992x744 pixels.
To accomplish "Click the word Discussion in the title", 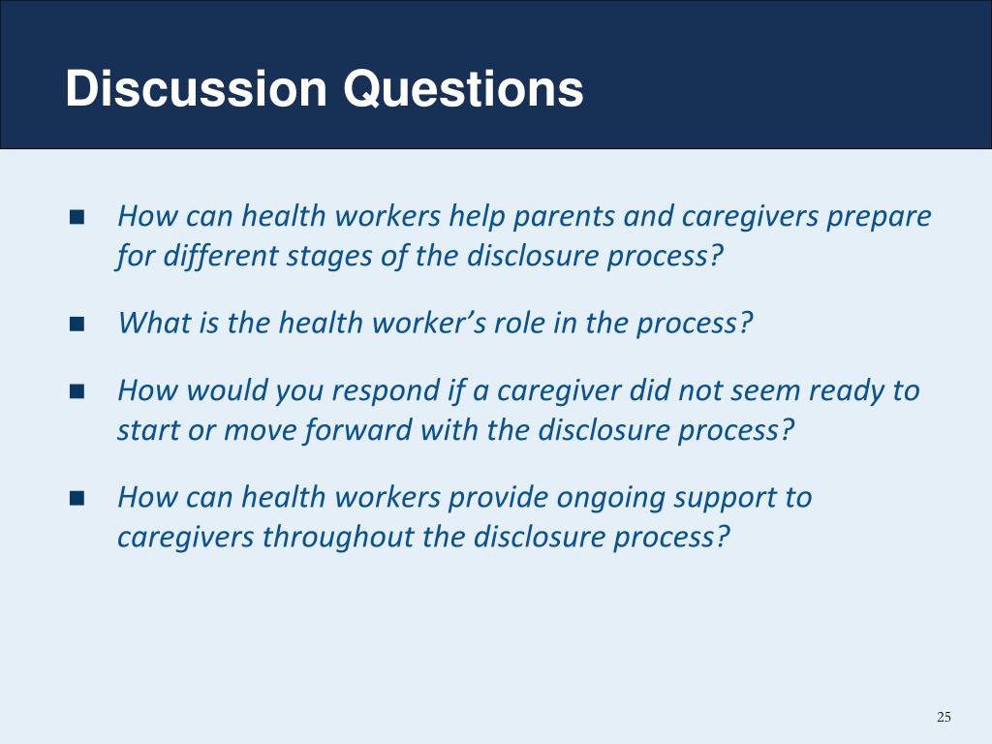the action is tap(196, 88).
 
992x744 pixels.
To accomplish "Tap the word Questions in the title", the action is tap(463, 88).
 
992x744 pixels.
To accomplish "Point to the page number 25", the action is tap(944, 717).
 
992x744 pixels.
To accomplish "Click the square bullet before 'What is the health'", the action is tap(77, 324).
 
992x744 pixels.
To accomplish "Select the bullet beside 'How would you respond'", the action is tap(77, 391).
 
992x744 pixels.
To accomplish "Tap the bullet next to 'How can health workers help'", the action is tap(77, 217).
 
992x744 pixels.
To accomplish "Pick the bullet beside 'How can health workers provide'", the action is tap(77, 498).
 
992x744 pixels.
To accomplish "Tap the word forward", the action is tap(358, 430).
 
